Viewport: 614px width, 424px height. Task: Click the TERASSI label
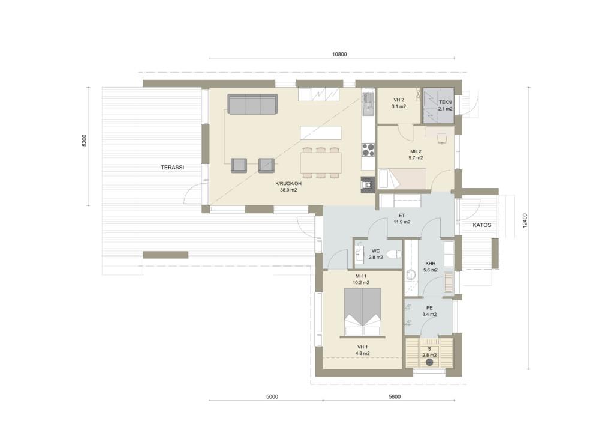click(172, 168)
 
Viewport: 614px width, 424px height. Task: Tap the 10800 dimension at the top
click(339, 55)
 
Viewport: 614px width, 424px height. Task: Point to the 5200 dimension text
click(84, 141)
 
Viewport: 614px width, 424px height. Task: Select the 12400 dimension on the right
click(525, 221)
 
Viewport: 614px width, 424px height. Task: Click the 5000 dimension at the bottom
click(272, 396)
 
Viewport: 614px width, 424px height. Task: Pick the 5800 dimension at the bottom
click(395, 396)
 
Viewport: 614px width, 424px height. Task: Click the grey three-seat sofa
click(252, 104)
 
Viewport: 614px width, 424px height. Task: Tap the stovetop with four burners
click(368, 150)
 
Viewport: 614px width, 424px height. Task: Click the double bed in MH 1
click(363, 312)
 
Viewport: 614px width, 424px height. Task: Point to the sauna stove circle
click(429, 362)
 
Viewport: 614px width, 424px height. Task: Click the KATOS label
click(481, 225)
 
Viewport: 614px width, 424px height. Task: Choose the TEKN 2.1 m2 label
click(446, 106)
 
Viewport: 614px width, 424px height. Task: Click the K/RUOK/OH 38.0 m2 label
click(288, 187)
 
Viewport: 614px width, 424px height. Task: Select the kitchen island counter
click(320, 133)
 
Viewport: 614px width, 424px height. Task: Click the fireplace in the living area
click(368, 185)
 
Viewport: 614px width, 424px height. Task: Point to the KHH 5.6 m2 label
click(431, 267)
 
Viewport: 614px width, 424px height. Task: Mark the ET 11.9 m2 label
click(402, 219)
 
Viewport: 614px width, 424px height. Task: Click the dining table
click(320, 163)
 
